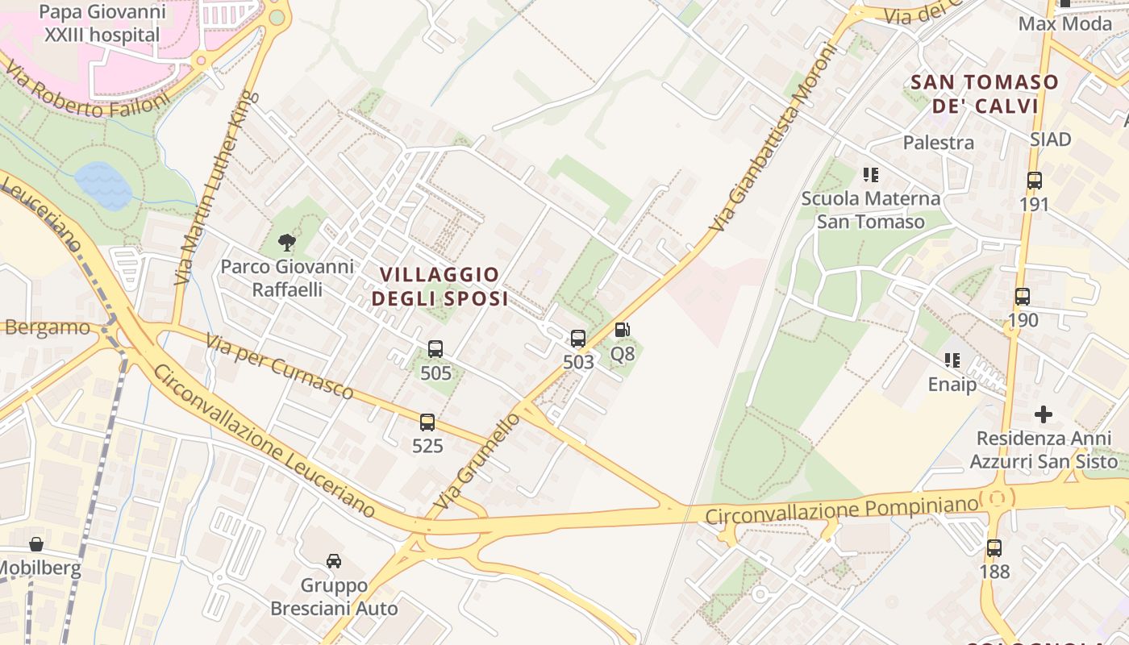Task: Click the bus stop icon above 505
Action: [435, 349]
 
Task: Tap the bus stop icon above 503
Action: [578, 339]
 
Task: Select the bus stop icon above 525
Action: [427, 422]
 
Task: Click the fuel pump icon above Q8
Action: [622, 330]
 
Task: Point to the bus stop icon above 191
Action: [1034, 181]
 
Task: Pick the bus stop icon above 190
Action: [1023, 297]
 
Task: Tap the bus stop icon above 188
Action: [994, 548]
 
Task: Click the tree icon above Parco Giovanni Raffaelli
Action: [286, 242]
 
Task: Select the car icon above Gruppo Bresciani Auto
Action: [334, 560]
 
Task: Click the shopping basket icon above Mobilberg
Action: [36, 544]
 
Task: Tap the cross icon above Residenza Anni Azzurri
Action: [1044, 414]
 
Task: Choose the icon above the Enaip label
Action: [952, 360]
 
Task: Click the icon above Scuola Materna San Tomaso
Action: [870, 174]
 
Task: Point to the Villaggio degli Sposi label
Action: [440, 287]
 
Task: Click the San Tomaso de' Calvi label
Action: [984, 94]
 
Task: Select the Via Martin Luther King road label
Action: [215, 188]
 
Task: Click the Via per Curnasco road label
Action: [279, 368]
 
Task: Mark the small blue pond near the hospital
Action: [103, 185]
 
